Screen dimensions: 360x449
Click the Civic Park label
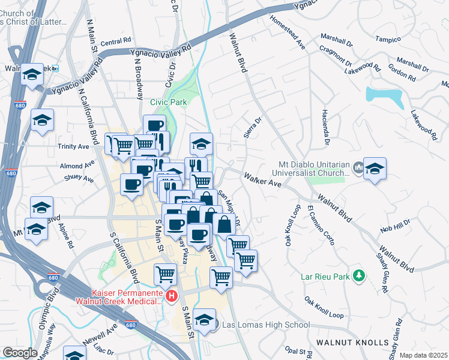168,102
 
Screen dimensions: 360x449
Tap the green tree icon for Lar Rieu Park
360,275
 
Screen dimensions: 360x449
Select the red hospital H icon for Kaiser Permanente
172,296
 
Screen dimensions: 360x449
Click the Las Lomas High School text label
266,325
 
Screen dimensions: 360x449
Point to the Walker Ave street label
262,179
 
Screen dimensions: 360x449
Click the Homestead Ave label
288,37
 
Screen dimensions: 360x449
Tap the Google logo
20,353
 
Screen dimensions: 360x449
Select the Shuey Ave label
79,179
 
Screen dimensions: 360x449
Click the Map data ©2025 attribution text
423,355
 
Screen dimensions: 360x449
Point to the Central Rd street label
116,43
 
